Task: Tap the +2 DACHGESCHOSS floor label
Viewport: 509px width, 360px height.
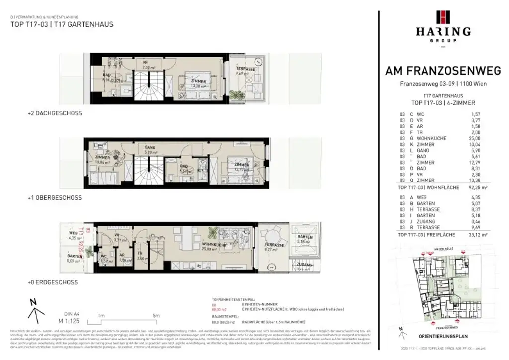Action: click(x=55, y=113)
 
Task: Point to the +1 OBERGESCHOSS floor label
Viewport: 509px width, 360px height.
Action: click(x=55, y=198)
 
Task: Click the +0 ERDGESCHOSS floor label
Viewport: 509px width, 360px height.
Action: click(x=53, y=282)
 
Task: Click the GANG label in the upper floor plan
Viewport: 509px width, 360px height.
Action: click(x=150, y=148)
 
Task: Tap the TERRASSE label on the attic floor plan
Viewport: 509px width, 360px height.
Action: click(x=246, y=69)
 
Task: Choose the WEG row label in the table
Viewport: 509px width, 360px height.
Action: click(x=422, y=197)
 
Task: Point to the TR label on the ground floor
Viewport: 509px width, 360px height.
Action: click(x=140, y=253)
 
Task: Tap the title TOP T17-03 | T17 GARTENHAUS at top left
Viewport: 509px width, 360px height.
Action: click(x=62, y=24)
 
